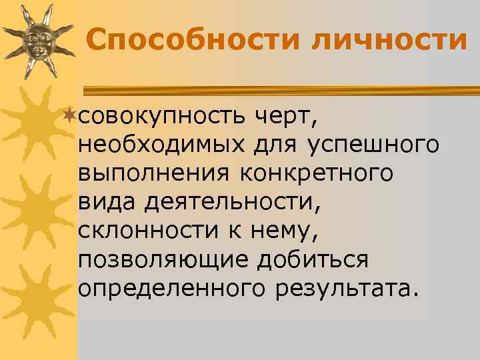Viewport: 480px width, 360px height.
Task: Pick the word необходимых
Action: click(x=161, y=145)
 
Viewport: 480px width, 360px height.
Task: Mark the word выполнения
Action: click(x=152, y=173)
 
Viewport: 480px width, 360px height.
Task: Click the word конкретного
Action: click(x=314, y=173)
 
